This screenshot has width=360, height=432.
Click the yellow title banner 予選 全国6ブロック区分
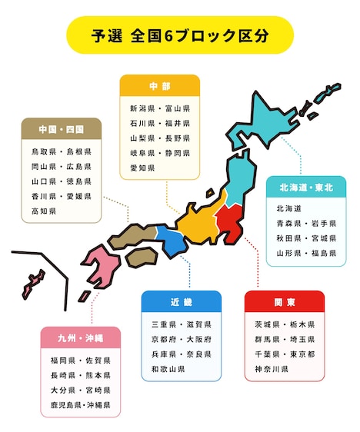tap(180, 36)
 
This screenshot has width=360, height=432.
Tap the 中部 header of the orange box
tap(159, 85)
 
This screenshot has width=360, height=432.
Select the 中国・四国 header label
tap(61, 128)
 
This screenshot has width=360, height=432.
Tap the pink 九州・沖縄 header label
tap(80, 337)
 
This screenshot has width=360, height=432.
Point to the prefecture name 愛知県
tap(142, 168)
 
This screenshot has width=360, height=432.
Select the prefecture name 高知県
tap(44, 211)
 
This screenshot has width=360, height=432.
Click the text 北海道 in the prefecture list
tap(288, 208)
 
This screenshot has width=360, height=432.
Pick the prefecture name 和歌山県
tap(168, 369)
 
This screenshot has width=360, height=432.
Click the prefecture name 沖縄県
tap(98, 404)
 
